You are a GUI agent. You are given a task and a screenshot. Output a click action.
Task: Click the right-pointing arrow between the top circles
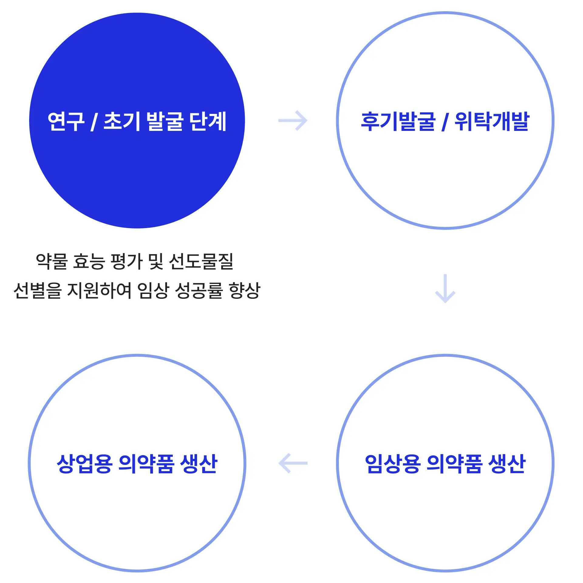point(293,121)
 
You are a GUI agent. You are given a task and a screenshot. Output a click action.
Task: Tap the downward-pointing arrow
point(445,288)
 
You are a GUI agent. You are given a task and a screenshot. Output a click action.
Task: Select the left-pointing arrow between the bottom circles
point(293,463)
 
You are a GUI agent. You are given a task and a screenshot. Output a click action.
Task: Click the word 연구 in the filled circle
point(66,121)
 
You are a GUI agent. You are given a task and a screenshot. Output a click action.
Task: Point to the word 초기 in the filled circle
point(122,121)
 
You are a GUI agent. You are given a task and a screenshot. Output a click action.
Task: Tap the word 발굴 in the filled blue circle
point(165,121)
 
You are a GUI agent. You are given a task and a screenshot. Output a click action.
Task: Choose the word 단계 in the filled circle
point(208,121)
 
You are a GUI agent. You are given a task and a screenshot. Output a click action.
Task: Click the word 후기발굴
point(398,121)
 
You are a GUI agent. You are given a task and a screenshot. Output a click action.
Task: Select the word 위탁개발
point(492,121)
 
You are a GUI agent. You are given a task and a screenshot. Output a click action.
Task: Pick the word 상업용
point(84,464)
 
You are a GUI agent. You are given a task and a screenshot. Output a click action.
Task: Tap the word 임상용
point(393,464)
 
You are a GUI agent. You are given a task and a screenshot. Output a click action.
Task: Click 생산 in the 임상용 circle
point(507,464)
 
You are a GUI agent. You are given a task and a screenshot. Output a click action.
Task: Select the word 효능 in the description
point(89,261)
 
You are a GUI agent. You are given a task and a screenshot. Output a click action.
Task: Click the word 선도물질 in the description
point(201,261)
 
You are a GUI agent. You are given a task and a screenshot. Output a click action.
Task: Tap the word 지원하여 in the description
point(99,290)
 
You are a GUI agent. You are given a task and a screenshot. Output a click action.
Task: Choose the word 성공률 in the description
point(199,290)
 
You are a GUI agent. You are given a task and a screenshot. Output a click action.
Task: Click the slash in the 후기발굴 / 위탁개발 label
point(445,121)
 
